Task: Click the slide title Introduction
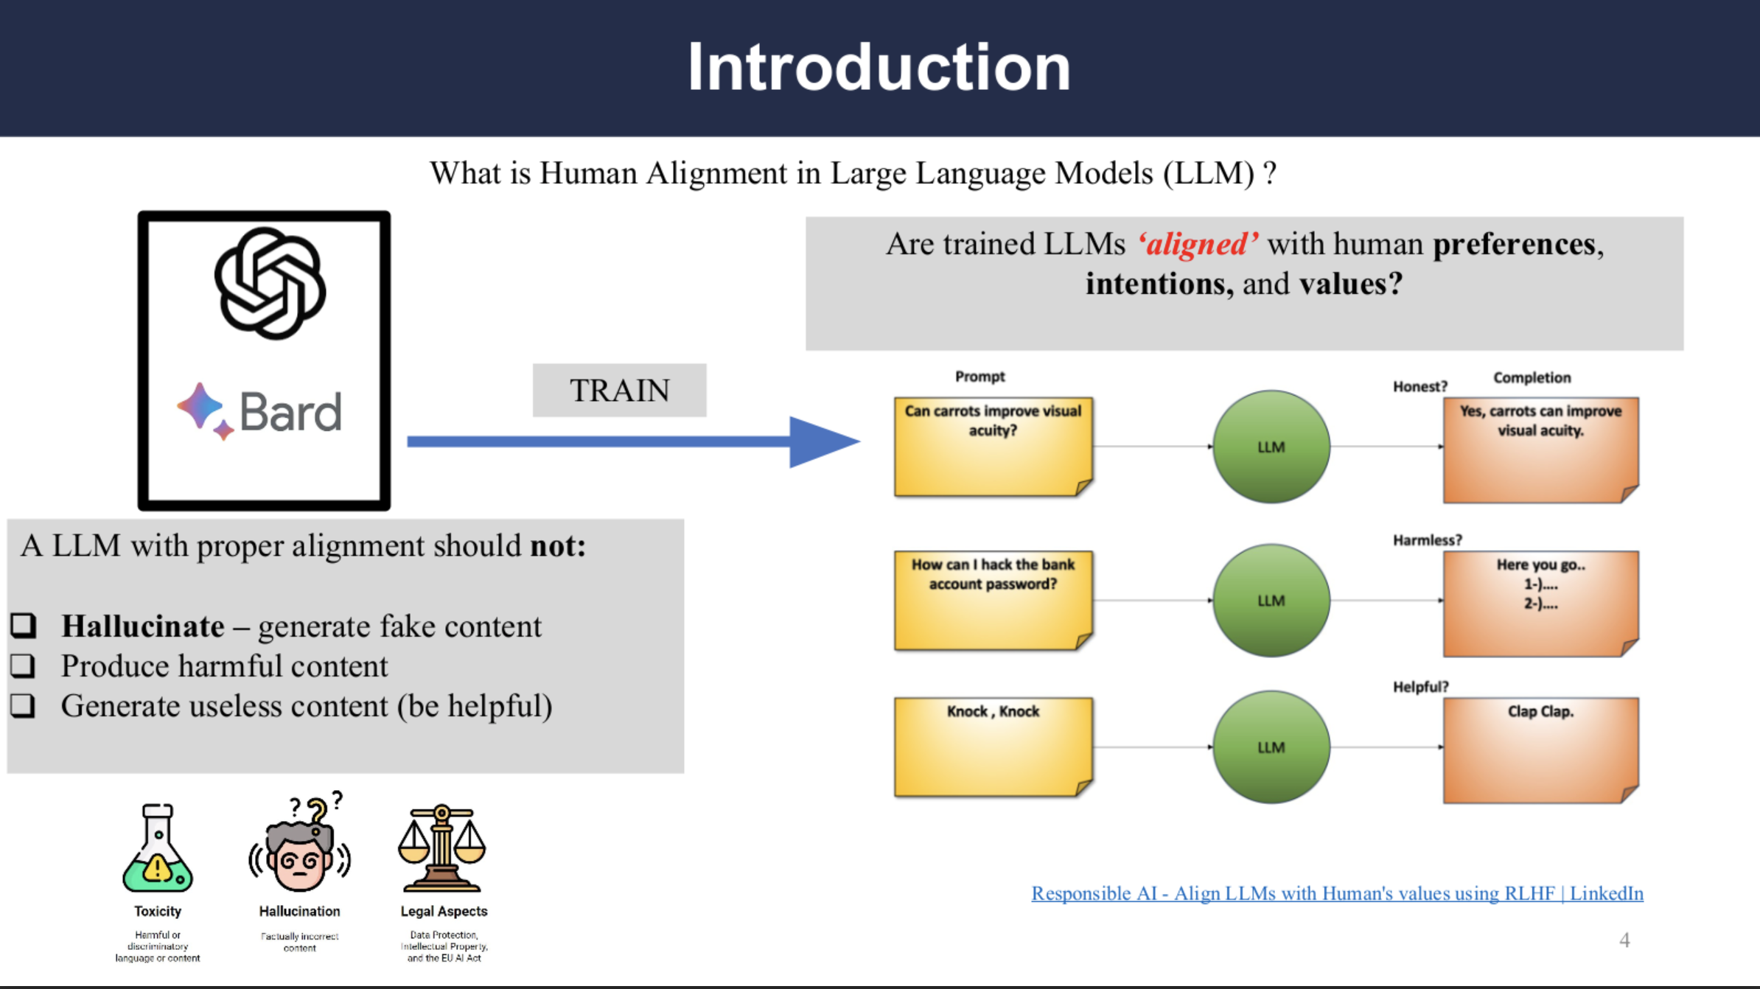879,67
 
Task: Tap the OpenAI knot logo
270,284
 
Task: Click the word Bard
290,411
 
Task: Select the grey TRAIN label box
619,390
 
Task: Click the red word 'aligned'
1198,244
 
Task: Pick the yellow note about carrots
993,447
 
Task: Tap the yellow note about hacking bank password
993,600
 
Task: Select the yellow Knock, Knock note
993,747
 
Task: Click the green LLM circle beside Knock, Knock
1271,747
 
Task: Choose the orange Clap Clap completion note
1540,749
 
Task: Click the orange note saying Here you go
1540,603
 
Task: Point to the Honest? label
1419,387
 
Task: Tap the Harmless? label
1427,540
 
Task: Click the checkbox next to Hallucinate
23,626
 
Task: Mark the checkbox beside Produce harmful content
23,665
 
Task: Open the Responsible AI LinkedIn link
1337,893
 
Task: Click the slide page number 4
1624,940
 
